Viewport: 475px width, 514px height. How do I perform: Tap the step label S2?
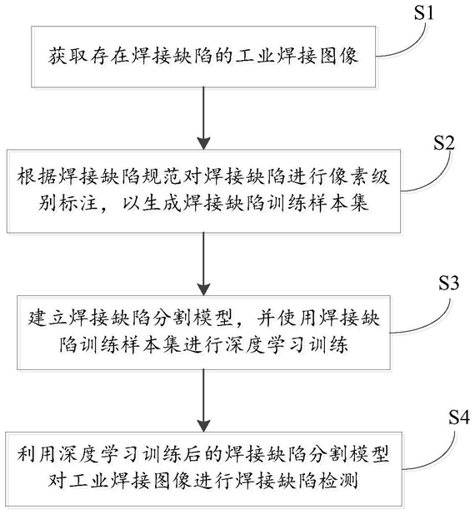click(x=444, y=143)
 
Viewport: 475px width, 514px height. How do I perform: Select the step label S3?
click(x=448, y=283)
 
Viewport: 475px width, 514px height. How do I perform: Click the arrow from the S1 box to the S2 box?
click(x=203, y=118)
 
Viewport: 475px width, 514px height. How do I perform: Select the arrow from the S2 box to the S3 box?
click(x=203, y=264)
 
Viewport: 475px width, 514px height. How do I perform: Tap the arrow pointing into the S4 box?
click(x=203, y=400)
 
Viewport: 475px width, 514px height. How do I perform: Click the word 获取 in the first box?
click(x=68, y=56)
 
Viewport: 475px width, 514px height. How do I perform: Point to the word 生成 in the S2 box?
click(x=162, y=203)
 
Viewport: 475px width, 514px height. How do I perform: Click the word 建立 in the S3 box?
click(x=47, y=318)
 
